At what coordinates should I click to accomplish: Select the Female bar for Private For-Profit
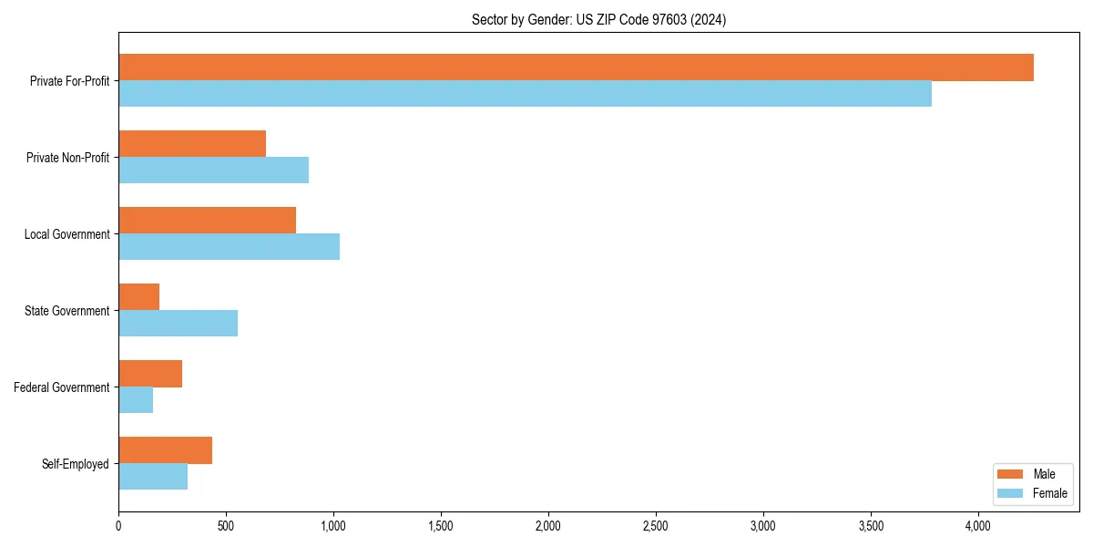[525, 94]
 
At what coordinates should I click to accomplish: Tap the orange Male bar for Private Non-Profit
[192, 144]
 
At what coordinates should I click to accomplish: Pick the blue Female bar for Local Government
[229, 247]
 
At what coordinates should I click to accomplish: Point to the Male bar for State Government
[139, 297]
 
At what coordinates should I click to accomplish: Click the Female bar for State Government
[178, 324]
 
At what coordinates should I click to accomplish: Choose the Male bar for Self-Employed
[165, 450]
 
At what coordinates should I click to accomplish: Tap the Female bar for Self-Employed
[153, 477]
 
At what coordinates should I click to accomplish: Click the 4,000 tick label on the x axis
[978, 526]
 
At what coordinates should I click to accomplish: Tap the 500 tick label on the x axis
[226, 526]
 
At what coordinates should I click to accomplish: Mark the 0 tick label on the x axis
[118, 526]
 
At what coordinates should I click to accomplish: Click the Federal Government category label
[62, 387]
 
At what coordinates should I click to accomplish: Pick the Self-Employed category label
[76, 464]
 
